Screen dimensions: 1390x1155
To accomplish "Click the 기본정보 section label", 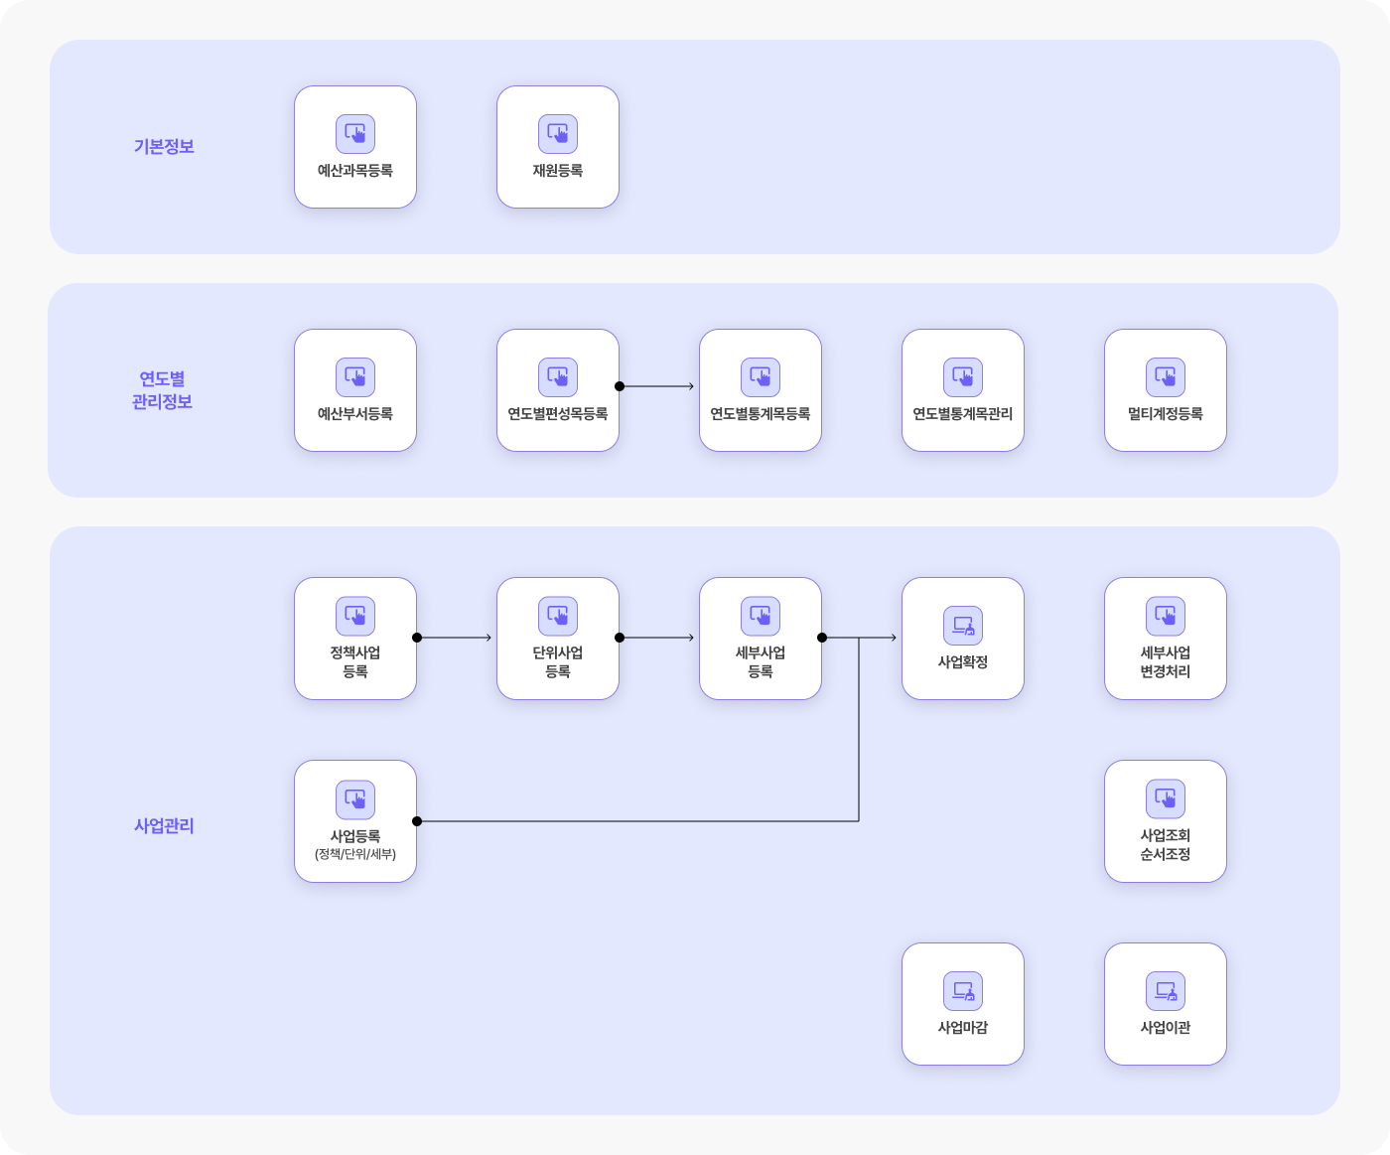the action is pos(164,147).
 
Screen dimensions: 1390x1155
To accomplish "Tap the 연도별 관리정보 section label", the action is pos(163,390).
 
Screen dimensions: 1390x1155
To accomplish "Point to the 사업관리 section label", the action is pos(164,826).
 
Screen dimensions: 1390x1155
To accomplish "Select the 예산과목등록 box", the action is pos(355,147).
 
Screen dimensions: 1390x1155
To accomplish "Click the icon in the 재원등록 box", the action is pos(558,134).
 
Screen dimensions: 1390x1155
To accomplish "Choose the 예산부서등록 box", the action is pos(355,390).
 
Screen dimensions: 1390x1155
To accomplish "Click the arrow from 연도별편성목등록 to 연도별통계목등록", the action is pos(656,386).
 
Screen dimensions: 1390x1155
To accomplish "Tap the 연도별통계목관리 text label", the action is pos(963,414).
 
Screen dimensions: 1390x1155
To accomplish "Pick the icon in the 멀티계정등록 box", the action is pos(1166,377).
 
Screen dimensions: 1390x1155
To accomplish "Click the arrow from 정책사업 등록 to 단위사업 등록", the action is pos(454,638).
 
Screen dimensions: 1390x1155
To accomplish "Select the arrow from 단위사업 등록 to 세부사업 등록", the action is pos(656,638).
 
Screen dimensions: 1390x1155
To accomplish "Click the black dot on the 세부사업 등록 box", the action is pos(822,638).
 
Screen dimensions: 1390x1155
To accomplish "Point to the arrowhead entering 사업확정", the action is pos(894,638).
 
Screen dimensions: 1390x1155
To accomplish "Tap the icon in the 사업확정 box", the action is pos(963,626).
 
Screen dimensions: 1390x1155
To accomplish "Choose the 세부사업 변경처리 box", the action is pos(1166,639).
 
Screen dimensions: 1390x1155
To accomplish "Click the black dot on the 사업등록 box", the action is pos(417,821).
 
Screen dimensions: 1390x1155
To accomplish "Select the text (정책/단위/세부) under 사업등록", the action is pos(355,854).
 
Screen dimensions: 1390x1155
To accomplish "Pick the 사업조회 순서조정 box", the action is pos(1166,821).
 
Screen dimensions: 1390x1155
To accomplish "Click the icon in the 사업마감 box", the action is pos(963,991).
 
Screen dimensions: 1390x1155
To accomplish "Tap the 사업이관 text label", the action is pos(1166,1027).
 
